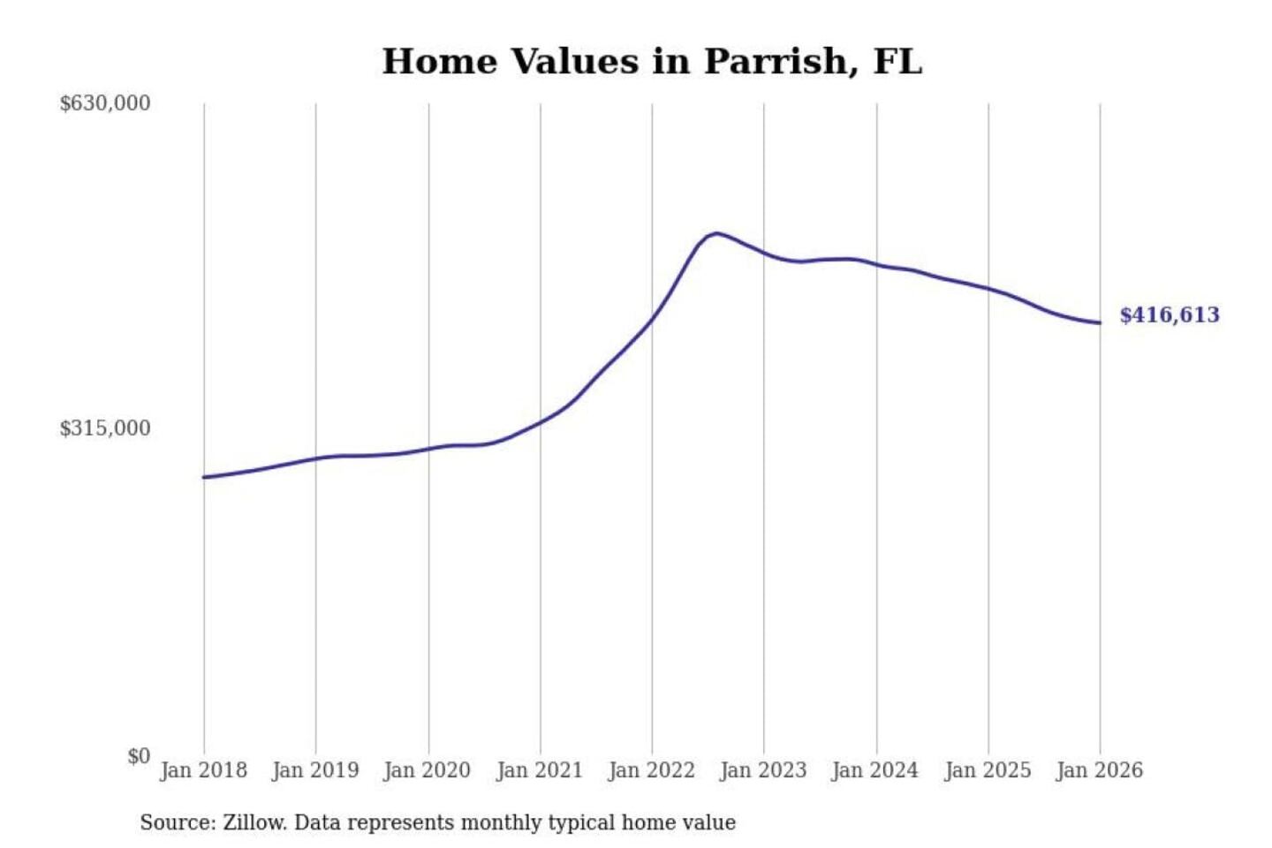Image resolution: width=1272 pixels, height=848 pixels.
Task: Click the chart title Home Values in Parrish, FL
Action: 652,62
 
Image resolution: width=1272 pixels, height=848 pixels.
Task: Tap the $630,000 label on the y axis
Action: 104,103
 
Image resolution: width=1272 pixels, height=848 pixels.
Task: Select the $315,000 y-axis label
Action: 104,428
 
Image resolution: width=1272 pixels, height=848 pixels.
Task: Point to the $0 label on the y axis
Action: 138,756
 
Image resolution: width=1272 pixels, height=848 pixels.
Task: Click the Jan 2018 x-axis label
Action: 203,770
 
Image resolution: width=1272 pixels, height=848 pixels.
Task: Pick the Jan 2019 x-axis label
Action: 315,770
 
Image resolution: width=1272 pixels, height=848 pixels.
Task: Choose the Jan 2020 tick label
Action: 428,770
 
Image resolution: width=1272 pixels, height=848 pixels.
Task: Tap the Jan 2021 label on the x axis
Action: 540,770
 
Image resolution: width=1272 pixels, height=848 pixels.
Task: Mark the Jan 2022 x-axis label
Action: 652,770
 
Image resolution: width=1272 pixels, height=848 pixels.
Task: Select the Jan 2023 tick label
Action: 763,770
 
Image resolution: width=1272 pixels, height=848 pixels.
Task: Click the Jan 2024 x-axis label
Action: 875,770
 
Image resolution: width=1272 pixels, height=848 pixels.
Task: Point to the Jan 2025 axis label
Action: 988,770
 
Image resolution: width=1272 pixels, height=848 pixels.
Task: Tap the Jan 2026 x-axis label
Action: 1100,770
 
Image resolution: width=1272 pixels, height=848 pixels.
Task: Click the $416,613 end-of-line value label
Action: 1170,315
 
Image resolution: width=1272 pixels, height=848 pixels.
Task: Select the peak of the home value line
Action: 716,233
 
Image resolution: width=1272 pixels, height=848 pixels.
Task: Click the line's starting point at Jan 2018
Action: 204,477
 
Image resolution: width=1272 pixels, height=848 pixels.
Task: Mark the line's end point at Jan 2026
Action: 1100,322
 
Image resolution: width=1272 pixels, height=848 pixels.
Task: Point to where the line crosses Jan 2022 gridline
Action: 652,318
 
